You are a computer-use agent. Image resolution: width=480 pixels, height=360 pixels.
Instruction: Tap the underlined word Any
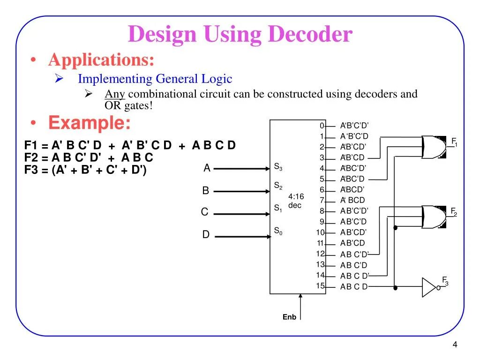114,94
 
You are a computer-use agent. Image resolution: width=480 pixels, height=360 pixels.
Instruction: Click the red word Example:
90,123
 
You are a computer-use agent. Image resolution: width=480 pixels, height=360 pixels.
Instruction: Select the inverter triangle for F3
429,287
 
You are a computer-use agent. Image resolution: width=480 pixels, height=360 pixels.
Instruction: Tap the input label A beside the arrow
207,168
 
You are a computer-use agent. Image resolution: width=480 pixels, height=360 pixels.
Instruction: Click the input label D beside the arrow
206,235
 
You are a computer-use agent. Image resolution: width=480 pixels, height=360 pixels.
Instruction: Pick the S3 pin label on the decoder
278,167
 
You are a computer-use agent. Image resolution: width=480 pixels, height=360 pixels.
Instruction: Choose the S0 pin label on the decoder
278,231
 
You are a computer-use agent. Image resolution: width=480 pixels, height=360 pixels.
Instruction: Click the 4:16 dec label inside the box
296,201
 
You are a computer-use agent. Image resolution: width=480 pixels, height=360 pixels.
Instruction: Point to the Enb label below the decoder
289,317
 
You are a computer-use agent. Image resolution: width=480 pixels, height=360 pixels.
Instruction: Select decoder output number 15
320,286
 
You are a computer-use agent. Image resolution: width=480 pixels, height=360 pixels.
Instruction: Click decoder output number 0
322,126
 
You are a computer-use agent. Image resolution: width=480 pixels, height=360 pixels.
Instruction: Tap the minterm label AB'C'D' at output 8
354,210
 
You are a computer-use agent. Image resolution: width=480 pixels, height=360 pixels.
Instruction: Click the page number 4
455,345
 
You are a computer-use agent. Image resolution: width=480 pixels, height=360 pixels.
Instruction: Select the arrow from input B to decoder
242,191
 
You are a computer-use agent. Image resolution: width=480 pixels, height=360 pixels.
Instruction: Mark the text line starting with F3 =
85,170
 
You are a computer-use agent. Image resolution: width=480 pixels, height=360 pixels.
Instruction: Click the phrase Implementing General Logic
155,79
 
